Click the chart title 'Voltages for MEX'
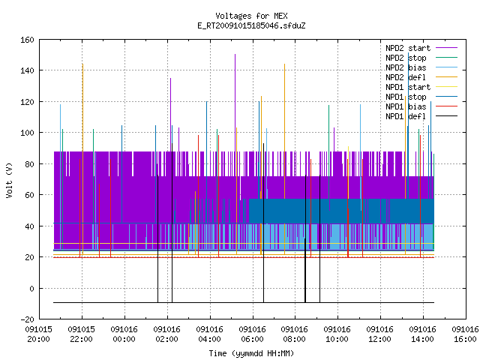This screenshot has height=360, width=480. [251, 16]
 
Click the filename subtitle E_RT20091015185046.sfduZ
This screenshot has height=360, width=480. [251, 25]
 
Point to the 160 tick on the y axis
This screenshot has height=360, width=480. [27, 40]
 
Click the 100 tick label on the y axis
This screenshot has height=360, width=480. [27, 133]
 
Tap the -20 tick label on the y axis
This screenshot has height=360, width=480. [27, 319]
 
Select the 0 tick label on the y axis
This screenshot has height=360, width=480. [31, 288]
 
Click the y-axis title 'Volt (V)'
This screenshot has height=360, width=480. [9, 180]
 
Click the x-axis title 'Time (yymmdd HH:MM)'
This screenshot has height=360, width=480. [251, 353]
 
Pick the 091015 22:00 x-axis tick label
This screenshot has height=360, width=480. [82, 334]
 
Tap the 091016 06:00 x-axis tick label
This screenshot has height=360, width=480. [252, 334]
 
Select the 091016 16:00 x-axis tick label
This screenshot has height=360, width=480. [465, 334]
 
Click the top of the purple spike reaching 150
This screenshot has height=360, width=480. [235, 55]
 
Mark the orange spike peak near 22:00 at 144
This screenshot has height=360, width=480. [82, 64]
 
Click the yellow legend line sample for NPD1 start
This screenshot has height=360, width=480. [446, 87]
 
